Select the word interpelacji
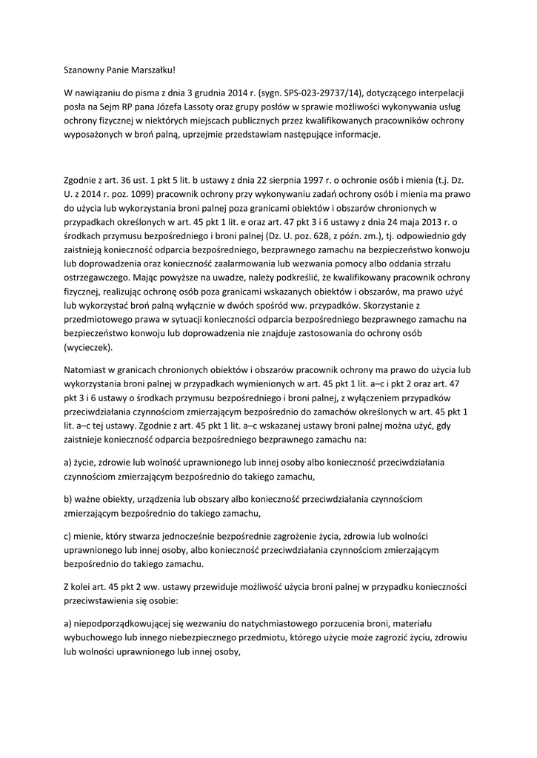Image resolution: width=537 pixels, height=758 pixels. (436, 95)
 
